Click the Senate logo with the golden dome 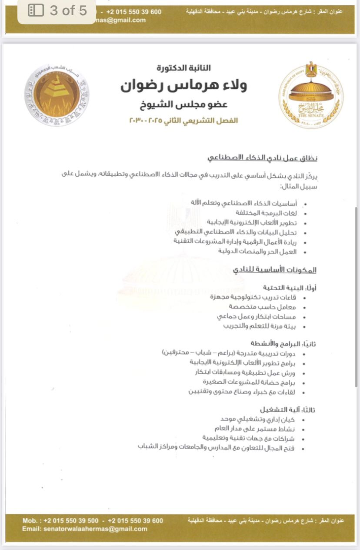click(310, 95)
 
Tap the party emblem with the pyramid click(57, 95)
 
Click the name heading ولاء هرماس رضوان click(183, 86)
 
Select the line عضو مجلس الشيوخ click(183, 104)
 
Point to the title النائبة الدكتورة click(183, 68)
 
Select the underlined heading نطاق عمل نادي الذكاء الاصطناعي click(262, 157)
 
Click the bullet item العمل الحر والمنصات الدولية click(257, 251)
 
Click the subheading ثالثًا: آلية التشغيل click(288, 410)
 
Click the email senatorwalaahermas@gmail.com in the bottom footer click(85, 529)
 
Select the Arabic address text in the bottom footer click(266, 521)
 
